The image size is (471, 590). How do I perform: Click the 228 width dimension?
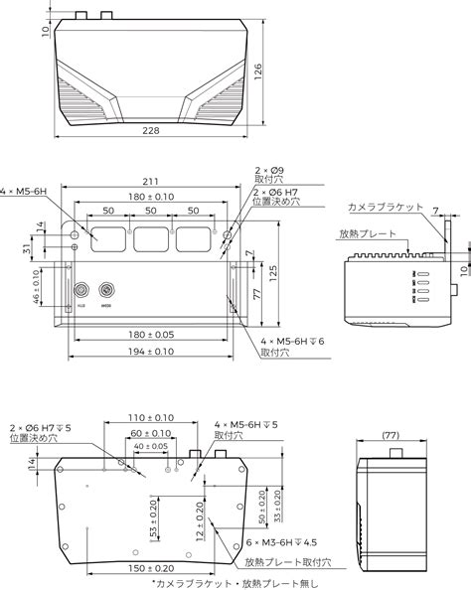point(151,132)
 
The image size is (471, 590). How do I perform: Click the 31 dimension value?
point(25,248)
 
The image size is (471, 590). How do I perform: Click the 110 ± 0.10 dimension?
point(151,418)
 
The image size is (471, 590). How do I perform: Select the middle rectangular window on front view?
point(151,238)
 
